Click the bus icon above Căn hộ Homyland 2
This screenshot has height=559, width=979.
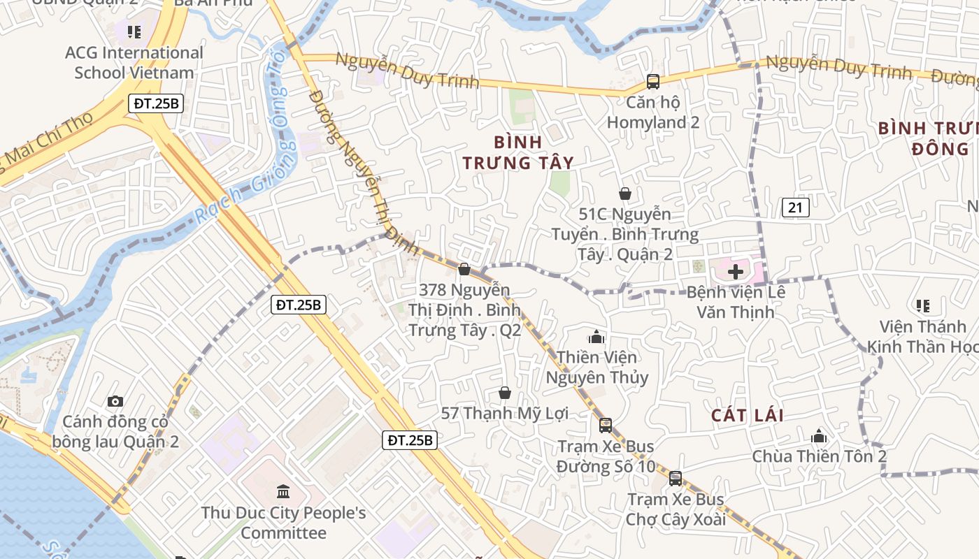(652, 81)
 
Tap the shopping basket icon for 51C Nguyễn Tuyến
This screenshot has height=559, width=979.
(624, 194)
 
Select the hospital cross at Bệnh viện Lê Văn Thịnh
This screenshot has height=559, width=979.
(736, 271)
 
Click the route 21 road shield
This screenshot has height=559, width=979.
(795, 207)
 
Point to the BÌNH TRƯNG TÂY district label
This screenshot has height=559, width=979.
(518, 152)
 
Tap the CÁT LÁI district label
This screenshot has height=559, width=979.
(748, 415)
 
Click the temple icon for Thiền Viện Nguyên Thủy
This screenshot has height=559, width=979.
(596, 337)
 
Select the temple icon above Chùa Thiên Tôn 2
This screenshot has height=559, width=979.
(819, 437)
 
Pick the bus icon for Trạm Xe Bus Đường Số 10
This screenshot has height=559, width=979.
(606, 425)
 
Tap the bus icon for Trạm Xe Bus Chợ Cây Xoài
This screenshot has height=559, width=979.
(675, 479)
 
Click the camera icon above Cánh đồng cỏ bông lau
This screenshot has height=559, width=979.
(115, 401)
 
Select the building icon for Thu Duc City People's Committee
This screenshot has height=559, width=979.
(283, 491)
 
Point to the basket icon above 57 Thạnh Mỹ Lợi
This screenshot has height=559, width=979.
(504, 393)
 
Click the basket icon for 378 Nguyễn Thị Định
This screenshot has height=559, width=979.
(464, 269)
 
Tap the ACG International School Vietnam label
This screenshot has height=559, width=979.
(134, 62)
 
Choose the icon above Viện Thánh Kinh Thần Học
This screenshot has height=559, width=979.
(922, 305)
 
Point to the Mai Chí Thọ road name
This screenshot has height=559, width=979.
(49, 143)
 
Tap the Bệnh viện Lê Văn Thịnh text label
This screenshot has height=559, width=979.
(736, 301)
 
